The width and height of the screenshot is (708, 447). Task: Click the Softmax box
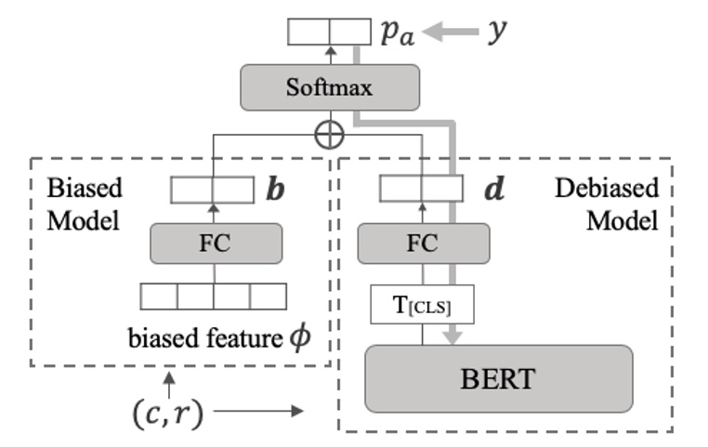[x=329, y=88]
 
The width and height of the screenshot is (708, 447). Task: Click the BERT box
[x=498, y=378]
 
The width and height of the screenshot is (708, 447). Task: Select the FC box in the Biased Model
[x=215, y=244]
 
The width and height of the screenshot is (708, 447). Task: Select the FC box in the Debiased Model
[x=423, y=244]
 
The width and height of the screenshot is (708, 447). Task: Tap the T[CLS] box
[x=422, y=304]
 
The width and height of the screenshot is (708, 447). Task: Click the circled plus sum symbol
[x=330, y=135]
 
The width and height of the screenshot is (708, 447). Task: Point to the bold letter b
[x=276, y=191]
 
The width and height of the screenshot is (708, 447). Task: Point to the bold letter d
[x=495, y=191]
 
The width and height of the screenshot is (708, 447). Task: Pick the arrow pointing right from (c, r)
[x=265, y=410]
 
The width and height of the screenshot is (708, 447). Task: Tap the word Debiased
[x=607, y=188]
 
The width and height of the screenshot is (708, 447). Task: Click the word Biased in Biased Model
[x=84, y=189]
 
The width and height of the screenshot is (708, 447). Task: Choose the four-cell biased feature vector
[x=214, y=296]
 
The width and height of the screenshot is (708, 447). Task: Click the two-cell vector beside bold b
[x=213, y=190]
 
